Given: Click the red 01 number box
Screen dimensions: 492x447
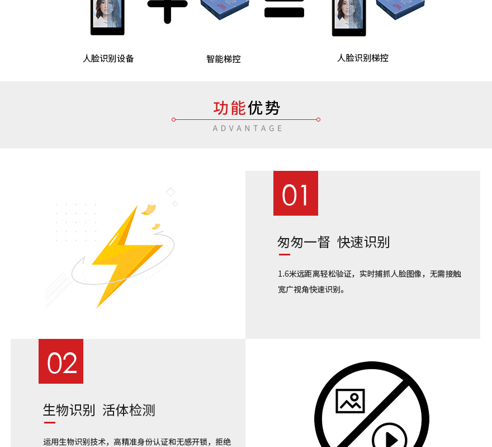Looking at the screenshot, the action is [x=296, y=193].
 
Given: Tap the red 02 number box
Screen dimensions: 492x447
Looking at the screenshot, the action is [x=61, y=361].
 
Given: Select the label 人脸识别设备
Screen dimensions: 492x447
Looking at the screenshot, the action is [x=108, y=58].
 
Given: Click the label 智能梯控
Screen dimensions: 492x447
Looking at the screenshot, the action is [x=224, y=59].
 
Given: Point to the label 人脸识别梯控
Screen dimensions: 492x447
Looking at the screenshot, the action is [x=363, y=58].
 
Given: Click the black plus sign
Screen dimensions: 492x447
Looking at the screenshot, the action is [x=168, y=10].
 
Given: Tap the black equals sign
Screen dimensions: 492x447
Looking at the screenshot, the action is [x=284, y=8].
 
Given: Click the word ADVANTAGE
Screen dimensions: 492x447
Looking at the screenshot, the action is [x=248, y=128].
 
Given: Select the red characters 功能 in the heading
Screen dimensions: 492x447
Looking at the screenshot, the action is [x=230, y=108].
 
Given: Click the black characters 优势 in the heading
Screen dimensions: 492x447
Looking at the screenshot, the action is [x=264, y=108].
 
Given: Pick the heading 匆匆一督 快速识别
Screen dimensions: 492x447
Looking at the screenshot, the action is [x=334, y=243].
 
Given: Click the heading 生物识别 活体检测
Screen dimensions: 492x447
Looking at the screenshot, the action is [x=99, y=410].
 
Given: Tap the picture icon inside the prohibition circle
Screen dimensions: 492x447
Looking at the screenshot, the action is [x=350, y=401].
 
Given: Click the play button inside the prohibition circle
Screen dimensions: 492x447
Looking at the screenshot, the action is [x=390, y=437].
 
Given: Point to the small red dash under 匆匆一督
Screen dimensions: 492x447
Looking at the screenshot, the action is [x=285, y=255].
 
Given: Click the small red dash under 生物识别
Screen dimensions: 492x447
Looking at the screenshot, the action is [x=50, y=422].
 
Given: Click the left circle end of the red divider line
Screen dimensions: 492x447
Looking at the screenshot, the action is [x=173, y=120].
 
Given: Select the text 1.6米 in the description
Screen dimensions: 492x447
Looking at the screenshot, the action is [x=287, y=274].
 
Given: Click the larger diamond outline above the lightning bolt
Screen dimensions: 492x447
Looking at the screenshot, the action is [x=171, y=192].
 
